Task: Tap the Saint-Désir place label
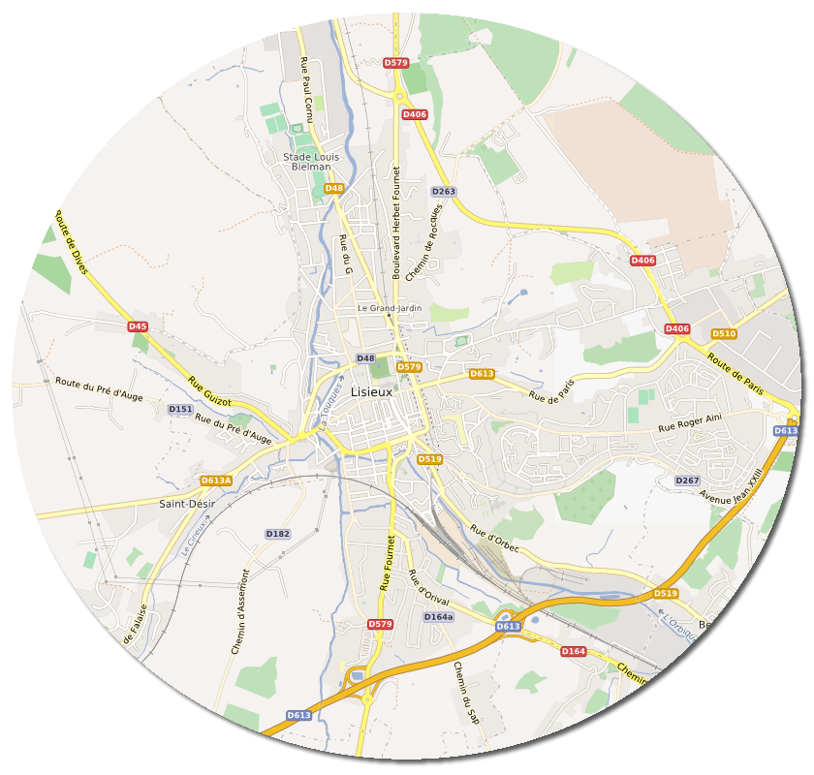point(187,504)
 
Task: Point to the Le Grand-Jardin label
point(389,308)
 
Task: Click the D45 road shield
point(138,326)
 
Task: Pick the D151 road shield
point(180,410)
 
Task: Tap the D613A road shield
point(216,480)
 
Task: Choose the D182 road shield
point(277,534)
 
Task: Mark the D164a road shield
point(438,617)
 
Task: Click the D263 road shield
point(443,192)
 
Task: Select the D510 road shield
point(724,334)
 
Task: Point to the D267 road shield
point(687,481)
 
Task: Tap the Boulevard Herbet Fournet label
point(396,223)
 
